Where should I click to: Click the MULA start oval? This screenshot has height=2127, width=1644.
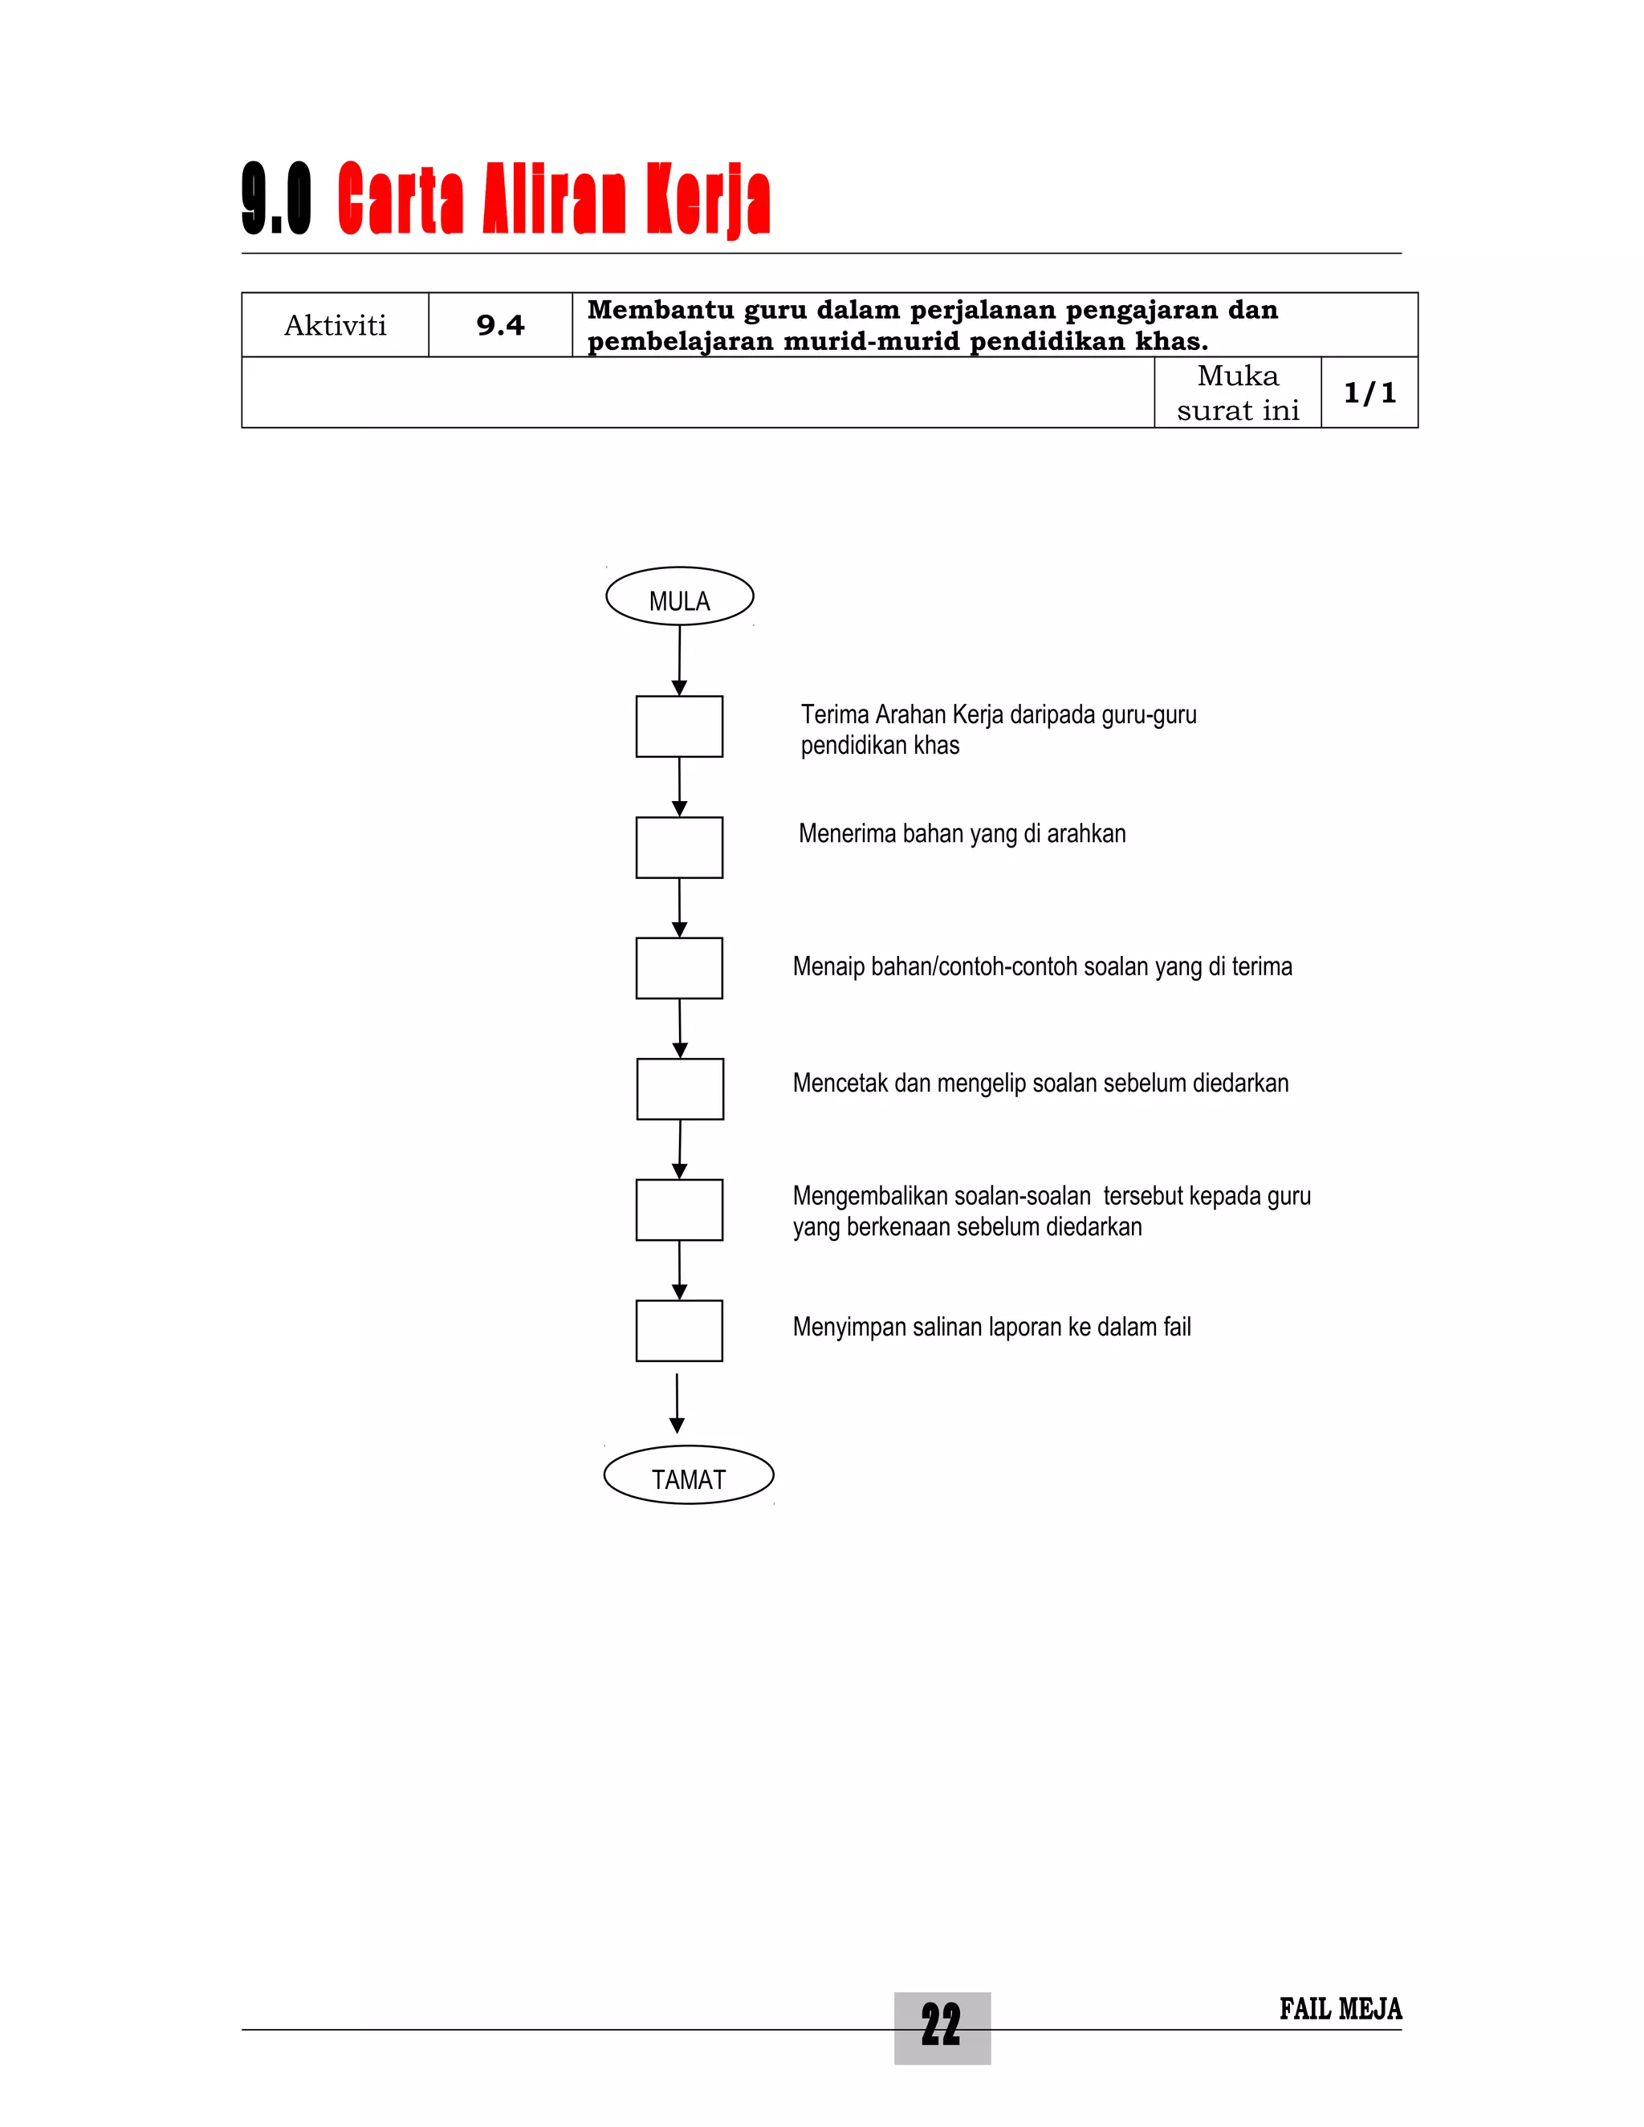tap(679, 596)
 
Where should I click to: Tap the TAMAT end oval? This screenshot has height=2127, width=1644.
tap(689, 1474)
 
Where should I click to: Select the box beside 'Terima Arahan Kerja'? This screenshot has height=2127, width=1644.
tap(679, 726)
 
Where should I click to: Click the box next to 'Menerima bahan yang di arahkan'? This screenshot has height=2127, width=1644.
tap(679, 848)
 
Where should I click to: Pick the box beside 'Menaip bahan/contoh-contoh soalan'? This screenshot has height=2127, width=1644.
tap(679, 968)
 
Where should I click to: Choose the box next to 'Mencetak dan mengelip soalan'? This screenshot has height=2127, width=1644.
tap(680, 1089)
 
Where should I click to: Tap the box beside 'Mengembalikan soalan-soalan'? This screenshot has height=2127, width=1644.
tap(679, 1210)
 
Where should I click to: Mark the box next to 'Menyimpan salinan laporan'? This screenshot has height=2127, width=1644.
tap(679, 1330)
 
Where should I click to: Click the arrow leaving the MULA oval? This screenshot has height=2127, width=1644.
tap(679, 659)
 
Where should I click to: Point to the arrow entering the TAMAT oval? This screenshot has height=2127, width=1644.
tap(677, 1402)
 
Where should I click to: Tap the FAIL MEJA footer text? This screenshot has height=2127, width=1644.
tap(1340, 2009)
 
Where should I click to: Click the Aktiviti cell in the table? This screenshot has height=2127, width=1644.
tap(335, 325)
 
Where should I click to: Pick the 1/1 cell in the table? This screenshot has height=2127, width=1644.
tap(1369, 392)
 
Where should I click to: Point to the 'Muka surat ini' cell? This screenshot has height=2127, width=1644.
tap(1237, 392)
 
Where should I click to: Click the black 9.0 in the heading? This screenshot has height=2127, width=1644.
tap(277, 200)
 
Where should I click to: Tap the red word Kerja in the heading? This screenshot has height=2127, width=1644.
tap(708, 200)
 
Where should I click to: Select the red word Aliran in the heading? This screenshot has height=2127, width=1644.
tap(552, 200)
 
